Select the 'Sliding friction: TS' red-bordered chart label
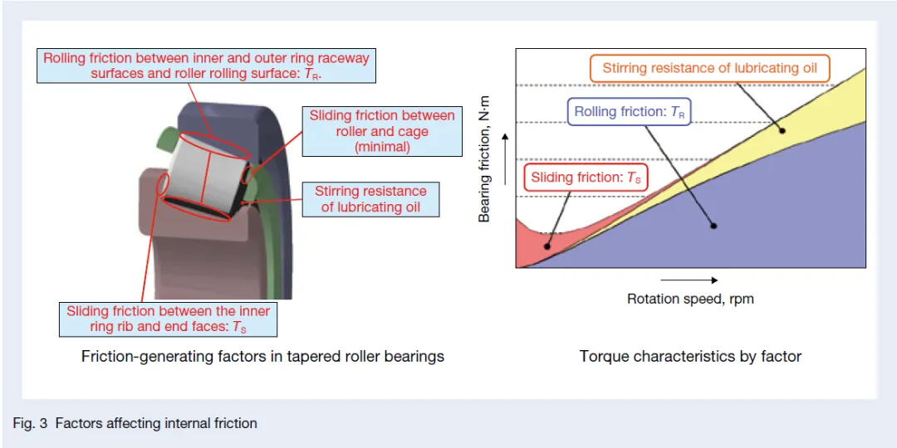586,178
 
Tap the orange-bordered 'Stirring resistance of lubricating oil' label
710,69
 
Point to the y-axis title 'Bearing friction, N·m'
486,169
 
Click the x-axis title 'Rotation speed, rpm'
690,299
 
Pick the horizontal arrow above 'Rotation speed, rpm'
691,280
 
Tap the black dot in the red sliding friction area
547,246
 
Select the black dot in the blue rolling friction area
713,226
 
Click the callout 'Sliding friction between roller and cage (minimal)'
382,131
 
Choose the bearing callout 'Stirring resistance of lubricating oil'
371,199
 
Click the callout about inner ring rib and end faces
169,319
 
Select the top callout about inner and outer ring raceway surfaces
207,66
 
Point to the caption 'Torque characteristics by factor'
690,357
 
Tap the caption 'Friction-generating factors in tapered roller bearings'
262,357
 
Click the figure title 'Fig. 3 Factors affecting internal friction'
135,423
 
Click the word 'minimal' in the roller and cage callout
382,147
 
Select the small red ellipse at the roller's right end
248,176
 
